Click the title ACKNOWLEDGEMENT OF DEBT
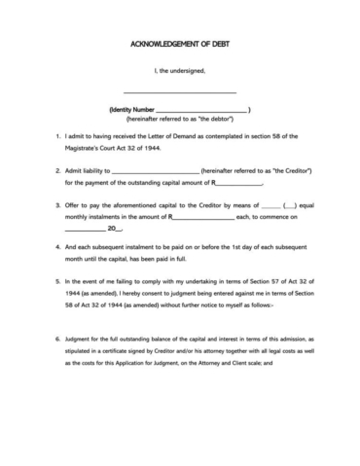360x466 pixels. point(179,44)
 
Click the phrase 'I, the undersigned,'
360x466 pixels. point(180,70)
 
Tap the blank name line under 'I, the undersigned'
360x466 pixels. point(180,91)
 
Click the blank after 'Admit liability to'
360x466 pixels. point(156,172)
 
